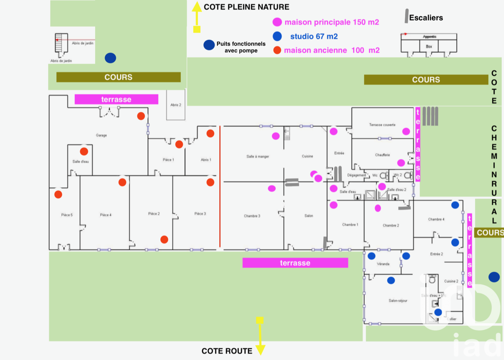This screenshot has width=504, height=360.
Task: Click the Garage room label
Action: (101, 135)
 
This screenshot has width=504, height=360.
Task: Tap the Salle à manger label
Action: (258, 156)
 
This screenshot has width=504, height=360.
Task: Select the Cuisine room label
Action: (308, 156)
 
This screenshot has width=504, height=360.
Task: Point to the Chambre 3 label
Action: (252, 216)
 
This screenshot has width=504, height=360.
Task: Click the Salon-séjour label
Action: (398, 301)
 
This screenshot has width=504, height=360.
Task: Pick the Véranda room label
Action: (383, 264)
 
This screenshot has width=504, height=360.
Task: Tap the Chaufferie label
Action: (382, 155)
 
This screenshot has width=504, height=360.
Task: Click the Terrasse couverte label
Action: (382, 125)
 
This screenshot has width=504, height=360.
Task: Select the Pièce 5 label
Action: (67, 215)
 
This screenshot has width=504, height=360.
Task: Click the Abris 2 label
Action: (176, 105)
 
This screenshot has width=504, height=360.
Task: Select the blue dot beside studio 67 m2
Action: (277, 36)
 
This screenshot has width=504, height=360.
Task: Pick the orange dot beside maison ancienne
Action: (277, 50)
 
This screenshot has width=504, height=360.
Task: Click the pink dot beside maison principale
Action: (277, 22)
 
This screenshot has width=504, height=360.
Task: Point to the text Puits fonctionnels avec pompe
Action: (241, 47)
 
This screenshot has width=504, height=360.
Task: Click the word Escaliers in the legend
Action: (426, 18)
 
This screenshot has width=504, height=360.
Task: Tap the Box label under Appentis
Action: (429, 46)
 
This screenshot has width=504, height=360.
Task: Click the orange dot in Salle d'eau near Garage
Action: (84, 151)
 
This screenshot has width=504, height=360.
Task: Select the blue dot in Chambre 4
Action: (455, 205)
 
